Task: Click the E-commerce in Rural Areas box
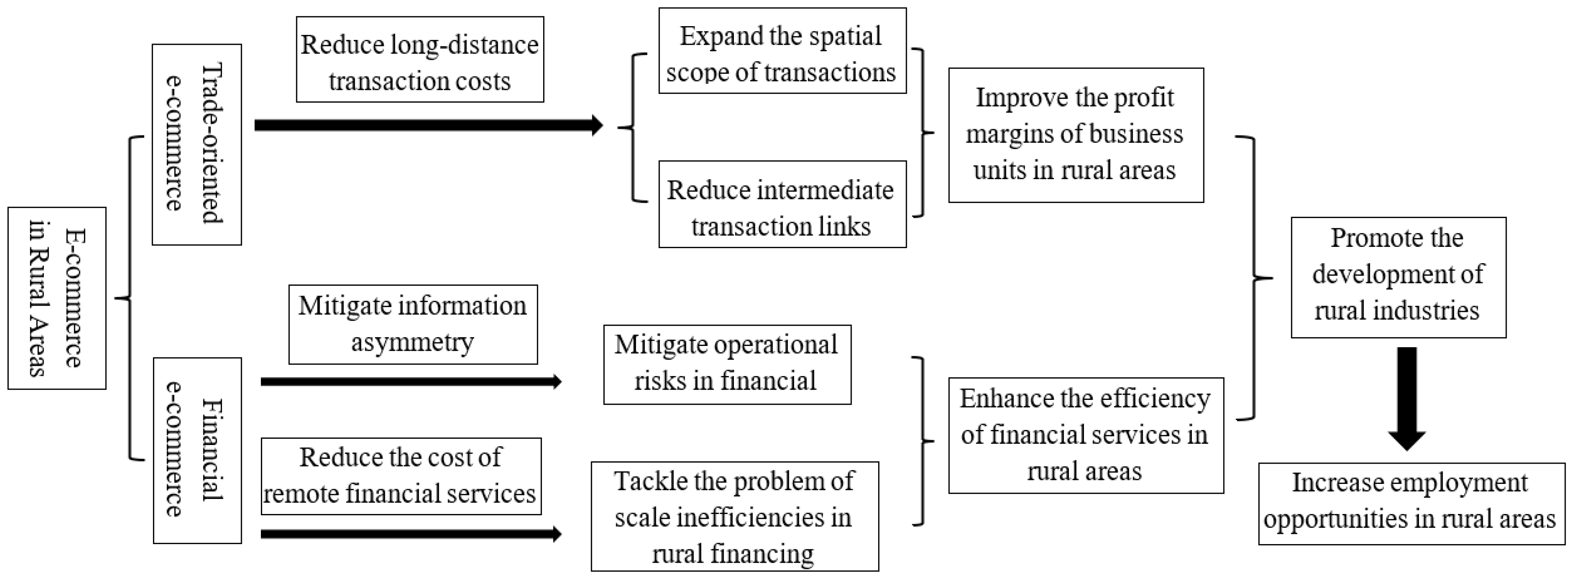tap(57, 298)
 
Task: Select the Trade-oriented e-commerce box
tap(197, 145)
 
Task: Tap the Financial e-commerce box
tap(197, 450)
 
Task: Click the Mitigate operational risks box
tap(727, 365)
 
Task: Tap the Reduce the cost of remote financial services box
tap(401, 476)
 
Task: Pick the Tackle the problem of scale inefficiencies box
tap(734, 516)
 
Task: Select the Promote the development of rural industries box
tap(1398, 277)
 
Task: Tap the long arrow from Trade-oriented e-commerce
tap(428, 125)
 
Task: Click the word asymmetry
tap(412, 342)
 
